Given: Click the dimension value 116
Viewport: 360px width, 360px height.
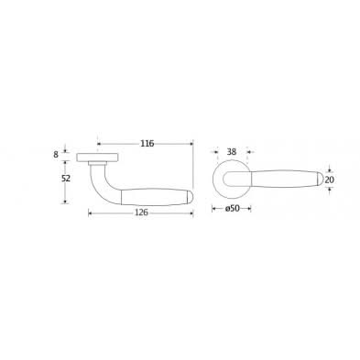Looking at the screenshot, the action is click(147, 143).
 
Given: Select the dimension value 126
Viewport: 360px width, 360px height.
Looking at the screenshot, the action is click(141, 213).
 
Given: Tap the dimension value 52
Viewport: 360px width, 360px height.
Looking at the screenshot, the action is click(66, 179).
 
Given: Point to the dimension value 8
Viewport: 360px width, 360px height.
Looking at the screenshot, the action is click(56, 155).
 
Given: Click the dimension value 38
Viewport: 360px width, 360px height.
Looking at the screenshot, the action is click(232, 151).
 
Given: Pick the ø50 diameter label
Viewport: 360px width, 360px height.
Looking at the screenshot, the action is click(232, 209).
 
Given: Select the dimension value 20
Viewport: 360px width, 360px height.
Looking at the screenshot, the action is click(330, 180).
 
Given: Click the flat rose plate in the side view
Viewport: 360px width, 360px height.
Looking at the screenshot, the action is click(97, 157).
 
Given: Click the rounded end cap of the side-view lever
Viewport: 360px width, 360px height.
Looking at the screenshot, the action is click(190, 197).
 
